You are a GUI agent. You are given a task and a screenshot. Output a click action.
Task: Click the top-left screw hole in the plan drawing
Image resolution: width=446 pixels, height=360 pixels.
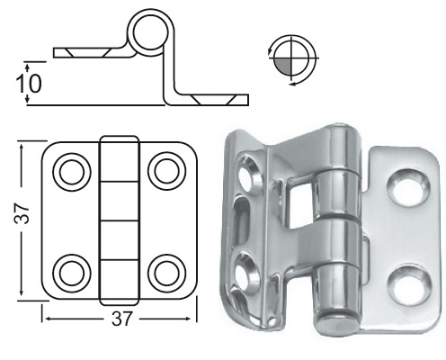[69, 168]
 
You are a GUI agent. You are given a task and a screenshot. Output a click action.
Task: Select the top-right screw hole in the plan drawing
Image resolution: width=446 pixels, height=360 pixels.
[165, 168]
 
